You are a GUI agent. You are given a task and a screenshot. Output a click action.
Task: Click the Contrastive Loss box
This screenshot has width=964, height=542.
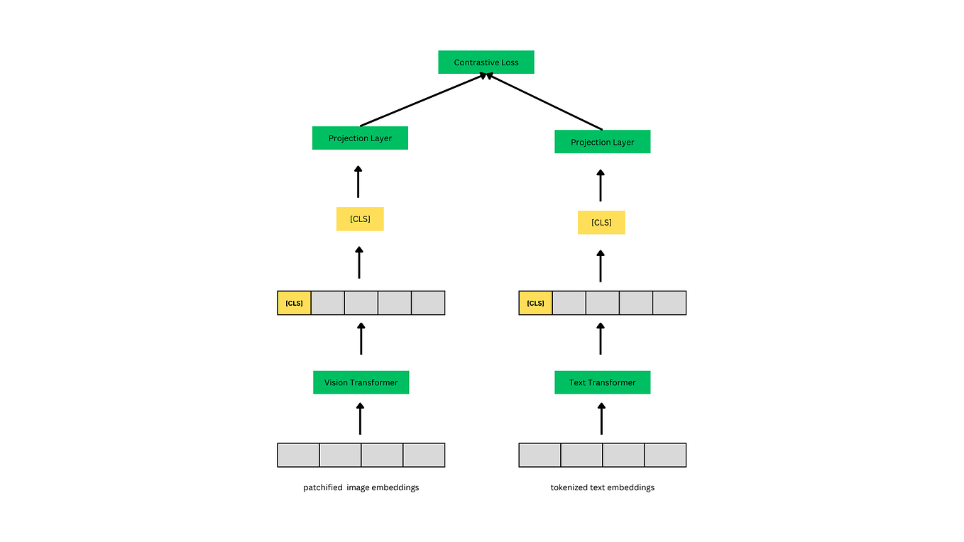coord(486,62)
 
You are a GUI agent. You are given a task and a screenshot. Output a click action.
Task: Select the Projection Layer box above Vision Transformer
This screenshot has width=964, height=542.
coord(360,138)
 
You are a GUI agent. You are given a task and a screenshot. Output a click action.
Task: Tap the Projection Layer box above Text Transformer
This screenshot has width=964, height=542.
coord(602,142)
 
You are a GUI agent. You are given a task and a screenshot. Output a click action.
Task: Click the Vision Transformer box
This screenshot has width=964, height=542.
coord(361,382)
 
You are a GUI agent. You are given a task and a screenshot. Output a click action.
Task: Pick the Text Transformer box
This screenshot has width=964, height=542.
coord(602,382)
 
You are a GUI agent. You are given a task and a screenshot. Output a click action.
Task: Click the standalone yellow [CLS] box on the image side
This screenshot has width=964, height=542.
coord(360,219)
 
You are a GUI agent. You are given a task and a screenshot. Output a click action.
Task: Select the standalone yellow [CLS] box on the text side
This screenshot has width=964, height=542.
coord(601,223)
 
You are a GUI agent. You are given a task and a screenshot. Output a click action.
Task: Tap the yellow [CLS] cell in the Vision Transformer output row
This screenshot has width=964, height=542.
coord(294,303)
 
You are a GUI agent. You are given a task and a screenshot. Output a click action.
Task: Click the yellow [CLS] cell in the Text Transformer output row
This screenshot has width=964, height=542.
coord(535,303)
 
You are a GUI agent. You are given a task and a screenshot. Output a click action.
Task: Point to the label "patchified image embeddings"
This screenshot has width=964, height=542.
coord(361,487)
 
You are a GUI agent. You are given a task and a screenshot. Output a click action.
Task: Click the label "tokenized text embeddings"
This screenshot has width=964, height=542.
coord(602,487)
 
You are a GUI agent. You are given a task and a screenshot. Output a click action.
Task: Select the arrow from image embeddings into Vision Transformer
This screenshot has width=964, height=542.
coord(360,419)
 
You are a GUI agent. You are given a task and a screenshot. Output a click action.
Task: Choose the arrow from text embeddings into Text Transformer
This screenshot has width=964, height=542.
coord(601,419)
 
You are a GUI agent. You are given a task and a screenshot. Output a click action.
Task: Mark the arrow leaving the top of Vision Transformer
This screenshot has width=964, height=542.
coord(361,339)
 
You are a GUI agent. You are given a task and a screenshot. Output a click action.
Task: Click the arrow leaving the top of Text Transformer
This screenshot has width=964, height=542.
coord(601,339)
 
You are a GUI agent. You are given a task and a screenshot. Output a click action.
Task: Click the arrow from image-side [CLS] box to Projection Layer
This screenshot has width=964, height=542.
coord(358,182)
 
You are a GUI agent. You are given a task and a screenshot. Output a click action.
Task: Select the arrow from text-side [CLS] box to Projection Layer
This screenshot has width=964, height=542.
coord(601,186)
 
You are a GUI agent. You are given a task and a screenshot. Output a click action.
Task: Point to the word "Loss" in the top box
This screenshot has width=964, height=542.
coord(509,62)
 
